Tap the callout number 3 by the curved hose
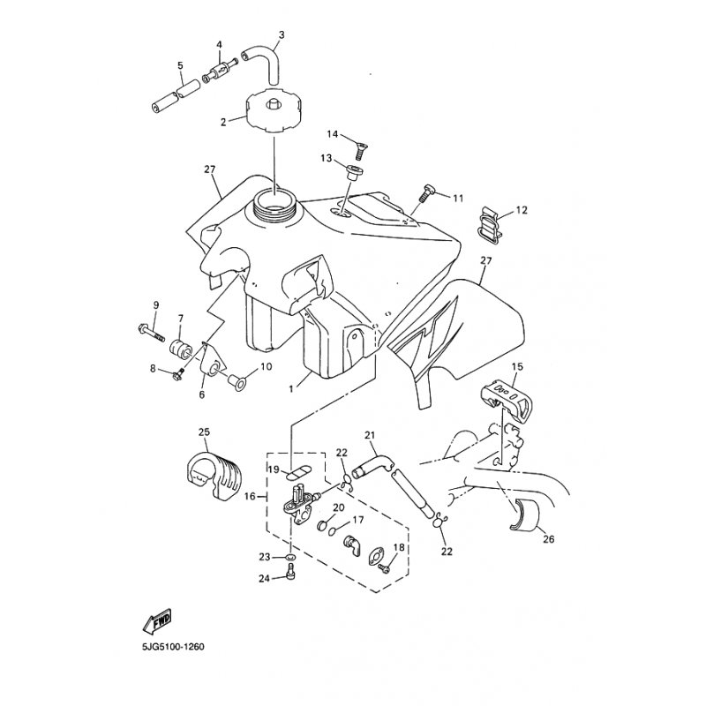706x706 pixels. (281, 36)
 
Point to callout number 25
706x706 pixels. (204, 432)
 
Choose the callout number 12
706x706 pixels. (521, 210)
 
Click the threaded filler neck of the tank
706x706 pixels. (274, 210)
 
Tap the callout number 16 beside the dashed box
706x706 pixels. (250, 497)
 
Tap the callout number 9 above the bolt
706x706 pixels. (156, 304)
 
